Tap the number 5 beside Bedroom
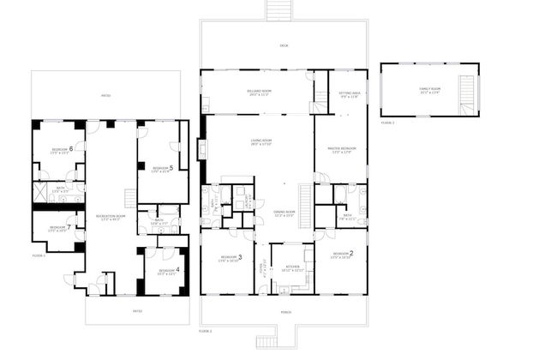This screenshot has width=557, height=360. click(x=171, y=167)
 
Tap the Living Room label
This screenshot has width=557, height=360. click(x=261, y=142)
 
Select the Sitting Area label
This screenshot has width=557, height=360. click(x=349, y=94)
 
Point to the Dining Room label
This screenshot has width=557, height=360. click(x=284, y=213)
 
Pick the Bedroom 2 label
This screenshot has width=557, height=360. click(x=343, y=254)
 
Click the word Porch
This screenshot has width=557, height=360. click(x=284, y=311)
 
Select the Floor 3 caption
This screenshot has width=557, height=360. click(x=387, y=123)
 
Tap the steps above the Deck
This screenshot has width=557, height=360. click(x=278, y=9)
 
